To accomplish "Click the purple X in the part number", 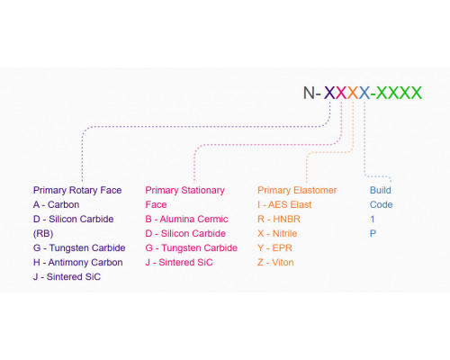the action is pos(329,93).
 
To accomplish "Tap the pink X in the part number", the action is pos(341,93).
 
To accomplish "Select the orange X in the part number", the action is pos(353,93).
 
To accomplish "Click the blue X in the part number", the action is pos(364,93).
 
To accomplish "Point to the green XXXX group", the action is pos(399,93).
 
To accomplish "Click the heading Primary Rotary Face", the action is pos(77,190).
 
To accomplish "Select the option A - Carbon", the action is pos(57,204).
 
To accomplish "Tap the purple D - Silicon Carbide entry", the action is pos(74,219).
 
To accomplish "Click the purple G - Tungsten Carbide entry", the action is pos(79,247).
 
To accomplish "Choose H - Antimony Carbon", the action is pos(78,263).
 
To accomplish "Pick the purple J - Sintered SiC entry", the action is pos(67,276).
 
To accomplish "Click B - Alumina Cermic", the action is pos(186,219).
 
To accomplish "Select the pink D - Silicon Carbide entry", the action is pos(185,233).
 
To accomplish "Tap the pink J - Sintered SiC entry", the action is pos(179,263).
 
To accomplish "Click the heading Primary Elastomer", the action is pos(297,190).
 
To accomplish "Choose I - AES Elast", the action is pos(284,204).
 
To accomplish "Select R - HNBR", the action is pos(279,219).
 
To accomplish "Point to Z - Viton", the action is pos(275,263).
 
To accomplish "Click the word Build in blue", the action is pos(381,190).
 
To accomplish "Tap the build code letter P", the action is pos(373,233).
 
